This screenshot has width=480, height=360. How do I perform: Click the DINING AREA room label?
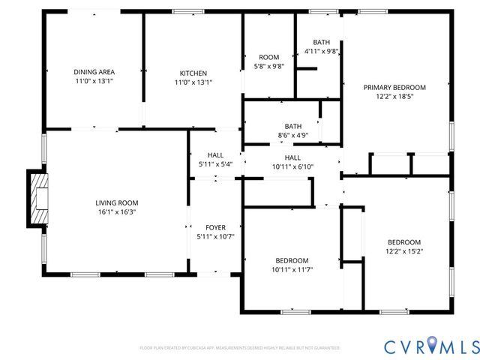(94, 72)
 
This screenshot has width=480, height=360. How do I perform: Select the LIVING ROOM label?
(116, 202)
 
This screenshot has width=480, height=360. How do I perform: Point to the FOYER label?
(216, 227)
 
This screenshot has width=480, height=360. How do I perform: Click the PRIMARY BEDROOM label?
(394, 87)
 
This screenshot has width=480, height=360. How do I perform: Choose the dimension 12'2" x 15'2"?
(403, 252)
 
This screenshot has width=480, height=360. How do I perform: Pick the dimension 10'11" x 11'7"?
(291, 270)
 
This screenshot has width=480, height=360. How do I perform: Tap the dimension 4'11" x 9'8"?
(321, 52)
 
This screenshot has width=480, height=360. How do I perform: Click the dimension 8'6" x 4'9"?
(292, 136)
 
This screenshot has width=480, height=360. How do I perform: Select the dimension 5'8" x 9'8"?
(268, 67)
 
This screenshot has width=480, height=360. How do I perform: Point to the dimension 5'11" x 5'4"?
(215, 164)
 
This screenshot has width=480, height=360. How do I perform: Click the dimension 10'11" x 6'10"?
(292, 166)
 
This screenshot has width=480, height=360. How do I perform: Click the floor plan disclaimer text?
(240, 348)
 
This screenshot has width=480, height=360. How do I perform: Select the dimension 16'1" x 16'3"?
(116, 212)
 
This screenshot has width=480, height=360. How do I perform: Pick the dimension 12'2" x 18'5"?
(394, 97)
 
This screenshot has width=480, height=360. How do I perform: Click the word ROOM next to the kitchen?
(268, 57)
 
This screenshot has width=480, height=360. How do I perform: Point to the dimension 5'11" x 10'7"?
(216, 237)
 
